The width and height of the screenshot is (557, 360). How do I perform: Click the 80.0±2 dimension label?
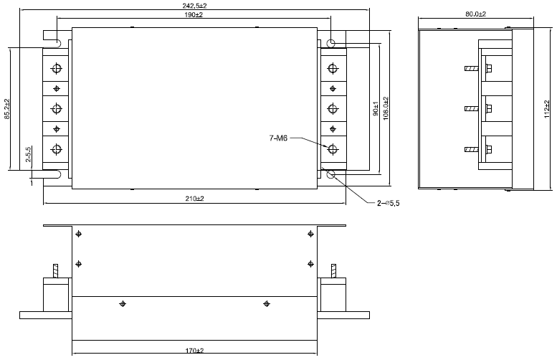[x=475, y=14]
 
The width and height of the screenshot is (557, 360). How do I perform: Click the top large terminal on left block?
[x=57, y=68]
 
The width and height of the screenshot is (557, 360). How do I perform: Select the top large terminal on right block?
[x=332, y=68]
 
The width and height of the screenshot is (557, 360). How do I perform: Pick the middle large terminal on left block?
[x=57, y=109]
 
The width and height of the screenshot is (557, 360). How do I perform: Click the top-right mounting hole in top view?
[x=331, y=44]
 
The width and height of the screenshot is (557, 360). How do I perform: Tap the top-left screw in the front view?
[x=78, y=234]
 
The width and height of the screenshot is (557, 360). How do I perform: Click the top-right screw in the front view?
[x=310, y=234]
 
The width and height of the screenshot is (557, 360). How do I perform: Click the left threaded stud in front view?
[x=56, y=273]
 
